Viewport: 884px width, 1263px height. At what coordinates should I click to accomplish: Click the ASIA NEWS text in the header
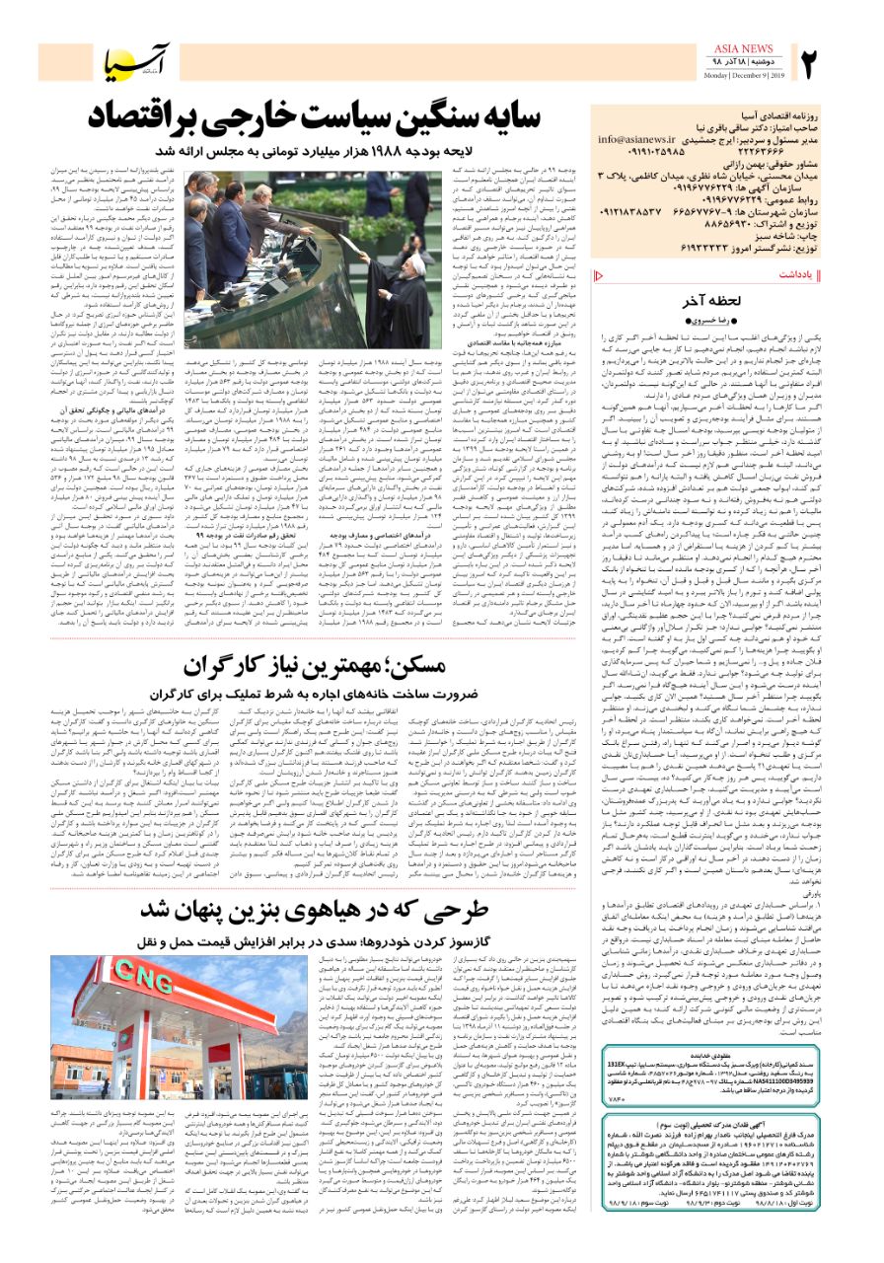point(747,50)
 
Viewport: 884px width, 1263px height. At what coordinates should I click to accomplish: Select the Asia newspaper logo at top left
point(139,63)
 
